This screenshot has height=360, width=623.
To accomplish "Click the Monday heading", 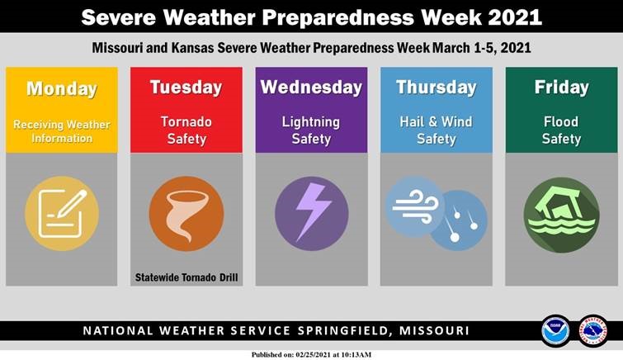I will click(62, 89).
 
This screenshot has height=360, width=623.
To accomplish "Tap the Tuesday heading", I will click(186, 87).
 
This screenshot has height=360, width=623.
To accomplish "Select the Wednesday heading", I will click(311, 87).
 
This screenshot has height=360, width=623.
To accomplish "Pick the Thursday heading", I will click(437, 87).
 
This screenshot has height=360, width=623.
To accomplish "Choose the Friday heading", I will click(561, 87).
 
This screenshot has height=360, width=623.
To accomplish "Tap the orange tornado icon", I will click(186, 214).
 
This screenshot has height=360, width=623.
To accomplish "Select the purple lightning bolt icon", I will click(311, 214).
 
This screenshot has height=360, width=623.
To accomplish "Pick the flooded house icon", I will click(561, 214).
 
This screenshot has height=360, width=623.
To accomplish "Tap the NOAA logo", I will click(556, 331).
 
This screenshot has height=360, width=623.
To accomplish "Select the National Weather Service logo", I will click(593, 331).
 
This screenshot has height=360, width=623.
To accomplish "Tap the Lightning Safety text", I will click(311, 130).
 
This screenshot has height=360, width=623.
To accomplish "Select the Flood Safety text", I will click(561, 130).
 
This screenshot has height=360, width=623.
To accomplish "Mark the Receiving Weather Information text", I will click(62, 131).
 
